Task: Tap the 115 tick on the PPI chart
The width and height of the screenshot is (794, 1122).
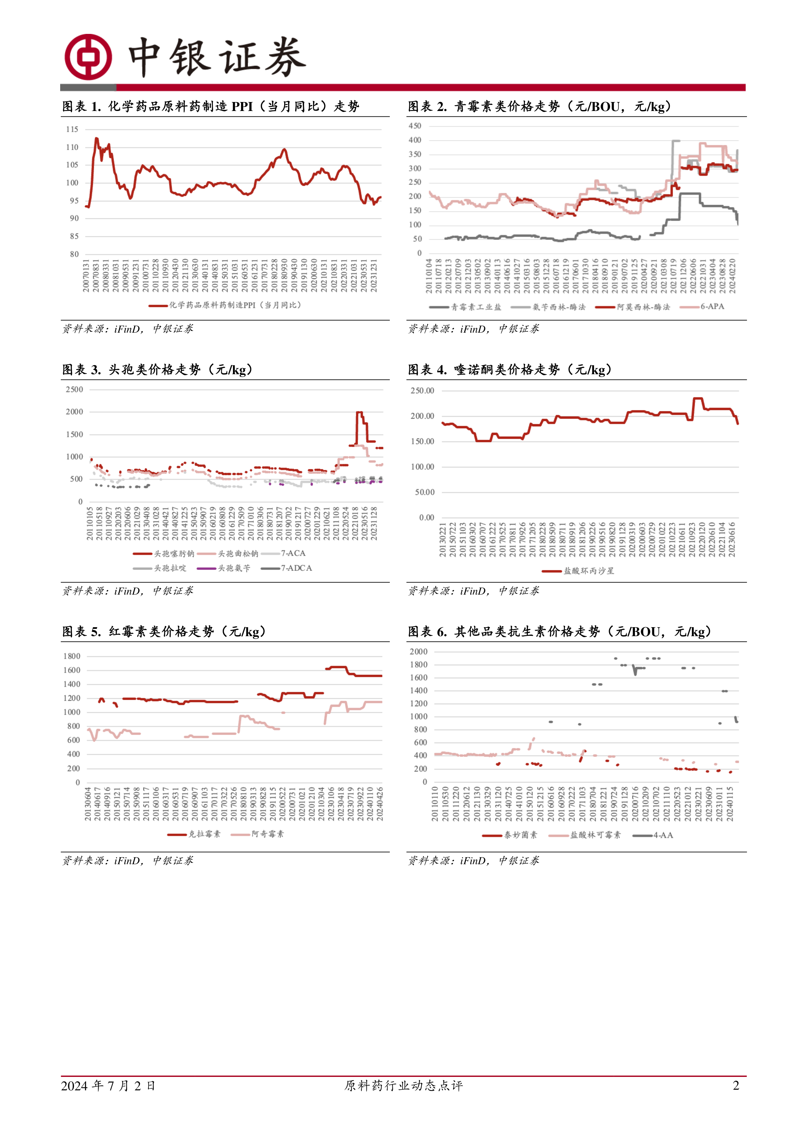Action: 72,130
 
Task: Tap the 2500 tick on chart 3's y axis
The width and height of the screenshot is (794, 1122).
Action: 74,390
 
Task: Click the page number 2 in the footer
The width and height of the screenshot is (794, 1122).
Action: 736,1085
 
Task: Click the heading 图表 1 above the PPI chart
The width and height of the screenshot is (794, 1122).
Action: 210,107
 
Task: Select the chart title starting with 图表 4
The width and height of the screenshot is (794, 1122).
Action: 509,369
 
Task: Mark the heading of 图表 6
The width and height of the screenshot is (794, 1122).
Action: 559,632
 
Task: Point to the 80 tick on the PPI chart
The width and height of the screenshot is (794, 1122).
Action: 74,254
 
